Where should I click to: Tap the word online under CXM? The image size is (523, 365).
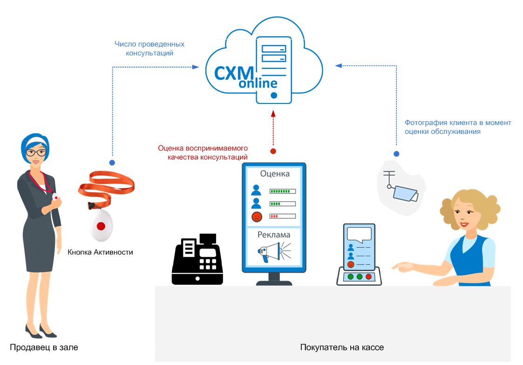click(x=258, y=84)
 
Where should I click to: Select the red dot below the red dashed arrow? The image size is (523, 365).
click(x=273, y=151)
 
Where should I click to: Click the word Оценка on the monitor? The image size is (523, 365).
click(x=275, y=173)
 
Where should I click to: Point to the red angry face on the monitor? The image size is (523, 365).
click(x=256, y=216)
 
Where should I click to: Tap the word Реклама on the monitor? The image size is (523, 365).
click(x=274, y=234)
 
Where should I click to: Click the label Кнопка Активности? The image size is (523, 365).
click(x=100, y=252)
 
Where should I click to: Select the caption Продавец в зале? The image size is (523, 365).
click(x=44, y=347)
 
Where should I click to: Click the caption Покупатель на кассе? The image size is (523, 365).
click(x=342, y=347)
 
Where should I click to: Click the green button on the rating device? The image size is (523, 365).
click(x=351, y=276)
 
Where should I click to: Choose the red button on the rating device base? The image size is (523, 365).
click(x=368, y=276)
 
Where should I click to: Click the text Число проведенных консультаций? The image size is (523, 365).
click(x=149, y=48)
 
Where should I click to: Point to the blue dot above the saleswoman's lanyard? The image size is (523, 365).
click(x=112, y=163)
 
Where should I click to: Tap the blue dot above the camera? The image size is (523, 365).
click(x=396, y=154)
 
